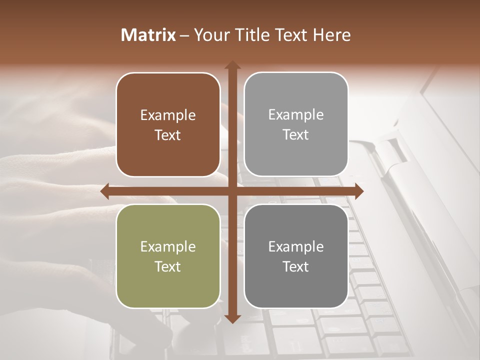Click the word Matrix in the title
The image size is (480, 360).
pyautogui.click(x=148, y=35)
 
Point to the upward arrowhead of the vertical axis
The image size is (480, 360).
pyautogui.click(x=232, y=65)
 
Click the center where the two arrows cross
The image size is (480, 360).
pyautogui.click(x=232, y=191)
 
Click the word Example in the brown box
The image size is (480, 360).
pyautogui.click(x=168, y=115)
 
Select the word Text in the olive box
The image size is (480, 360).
pyautogui.click(x=168, y=266)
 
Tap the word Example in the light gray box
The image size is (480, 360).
pyautogui.click(x=296, y=115)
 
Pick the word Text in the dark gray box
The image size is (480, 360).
pyautogui.click(x=296, y=266)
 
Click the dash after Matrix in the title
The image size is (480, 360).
pyautogui.click(x=184, y=35)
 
